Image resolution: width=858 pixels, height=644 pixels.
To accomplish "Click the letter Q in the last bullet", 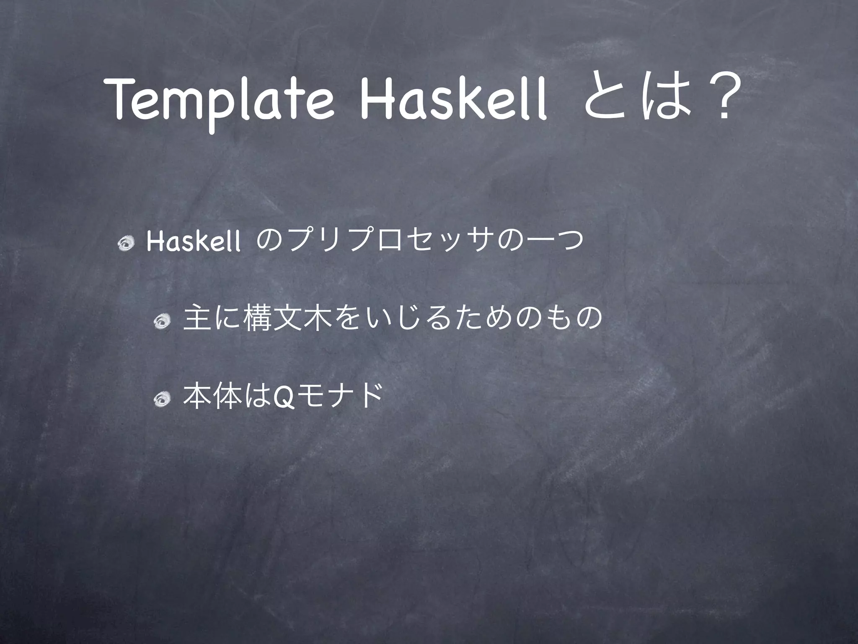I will click(x=279, y=397).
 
